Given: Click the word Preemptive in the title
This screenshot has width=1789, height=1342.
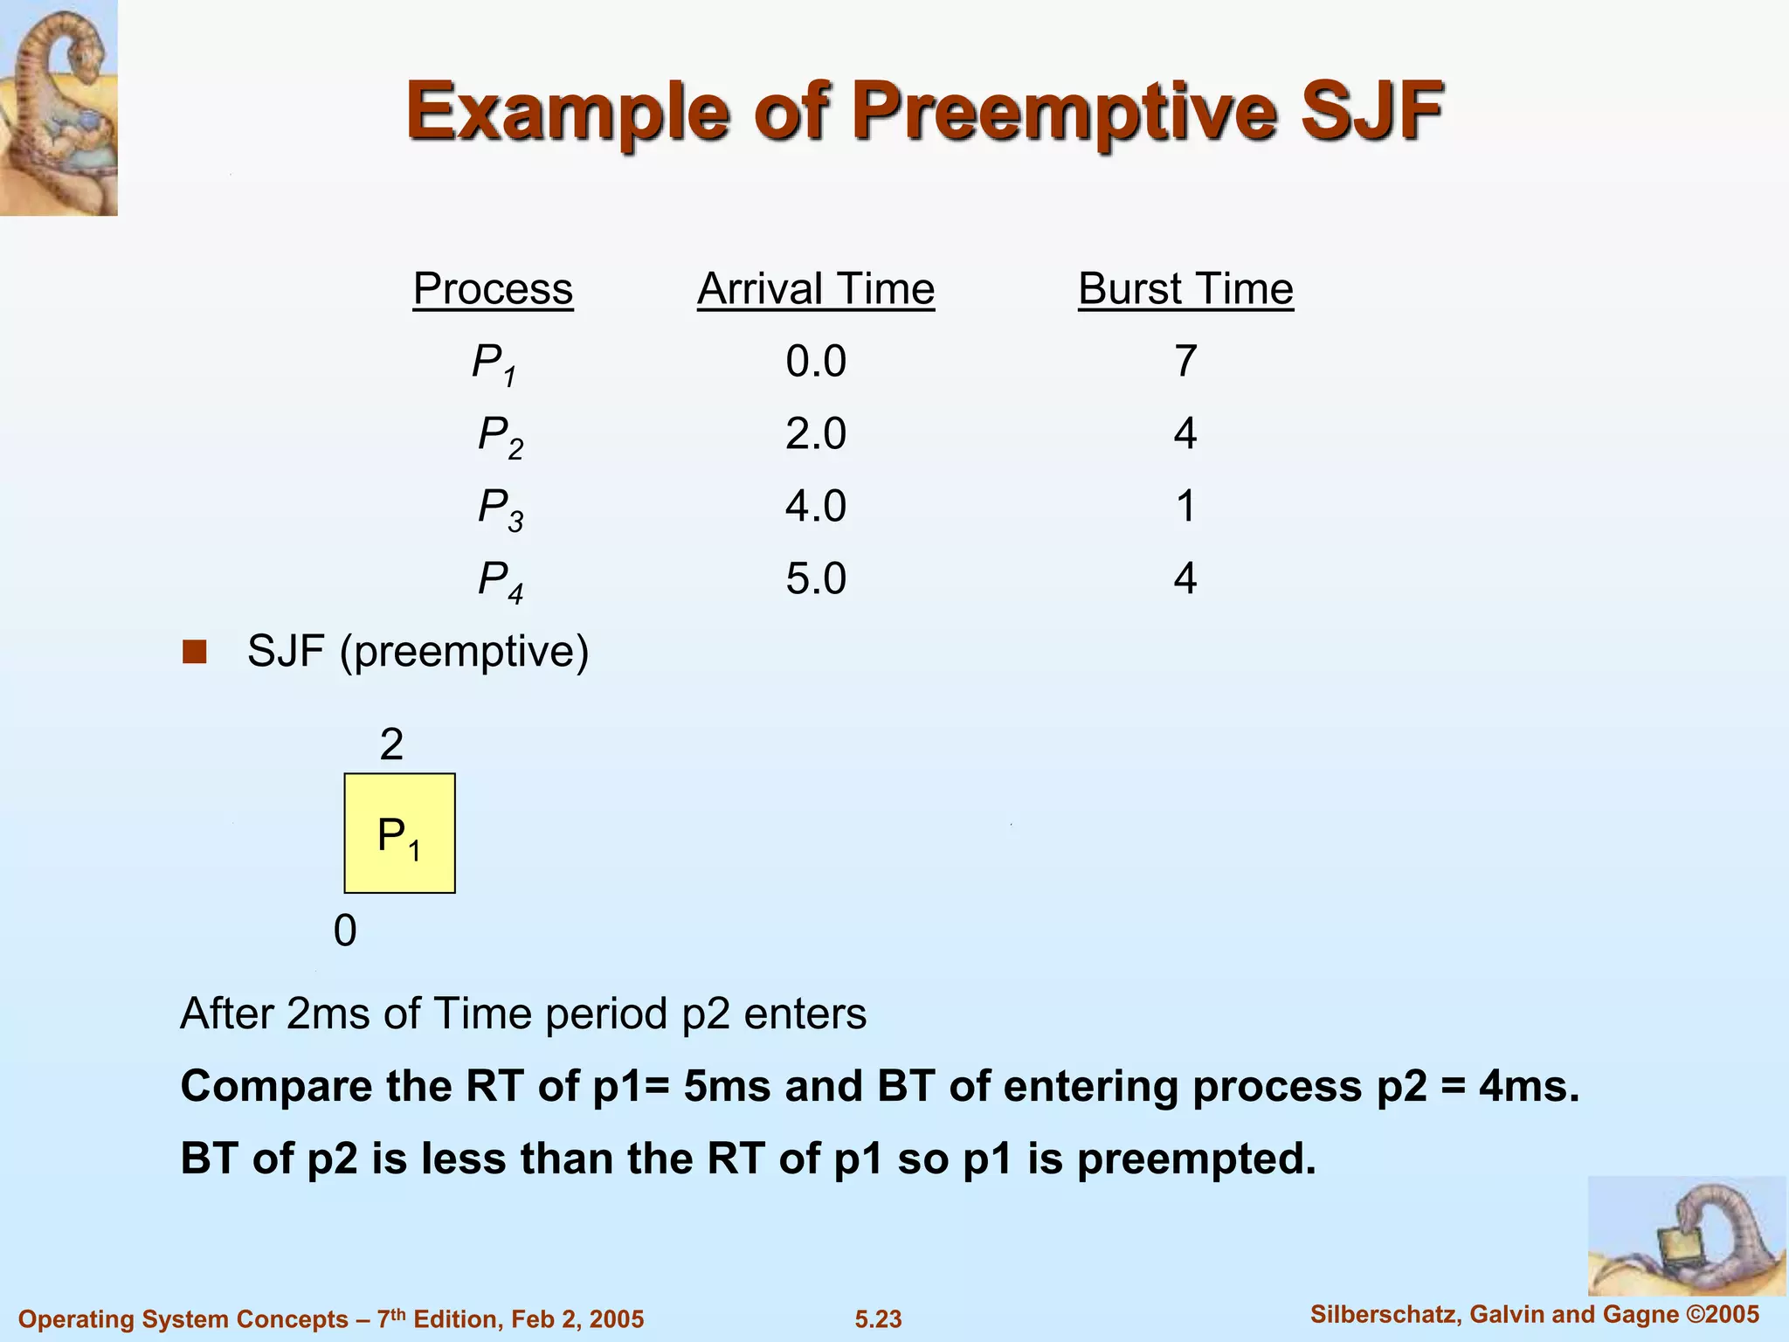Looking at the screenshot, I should click(1071, 112).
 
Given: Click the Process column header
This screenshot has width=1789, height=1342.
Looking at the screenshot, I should click(493, 289).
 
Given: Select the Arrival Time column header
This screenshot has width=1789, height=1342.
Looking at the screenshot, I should click(816, 289).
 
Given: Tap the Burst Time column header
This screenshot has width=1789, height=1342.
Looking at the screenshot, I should click(1185, 289).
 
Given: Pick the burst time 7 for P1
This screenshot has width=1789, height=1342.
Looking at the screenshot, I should click(1185, 362).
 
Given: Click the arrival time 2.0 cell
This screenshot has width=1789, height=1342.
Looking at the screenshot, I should click(816, 434).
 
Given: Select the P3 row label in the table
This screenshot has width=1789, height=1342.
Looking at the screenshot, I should click(501, 508).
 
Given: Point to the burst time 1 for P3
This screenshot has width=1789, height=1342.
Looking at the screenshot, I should click(1185, 507).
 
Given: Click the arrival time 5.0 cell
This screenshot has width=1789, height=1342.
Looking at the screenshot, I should click(816, 579).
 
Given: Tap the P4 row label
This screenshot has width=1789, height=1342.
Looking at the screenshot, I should click(501, 581).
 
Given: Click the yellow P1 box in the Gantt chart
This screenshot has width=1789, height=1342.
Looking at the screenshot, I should click(399, 834).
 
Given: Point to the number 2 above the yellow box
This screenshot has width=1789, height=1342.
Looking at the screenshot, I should click(391, 745).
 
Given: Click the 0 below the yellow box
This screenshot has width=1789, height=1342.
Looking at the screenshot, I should click(345, 931).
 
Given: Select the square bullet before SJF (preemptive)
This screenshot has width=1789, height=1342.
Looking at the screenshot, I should click(194, 652).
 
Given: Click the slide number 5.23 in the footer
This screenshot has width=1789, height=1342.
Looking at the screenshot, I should click(878, 1319).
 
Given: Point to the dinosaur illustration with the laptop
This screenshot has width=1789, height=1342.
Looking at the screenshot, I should click(1686, 1235).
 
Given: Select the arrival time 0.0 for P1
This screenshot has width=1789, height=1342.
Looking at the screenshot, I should click(816, 362).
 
